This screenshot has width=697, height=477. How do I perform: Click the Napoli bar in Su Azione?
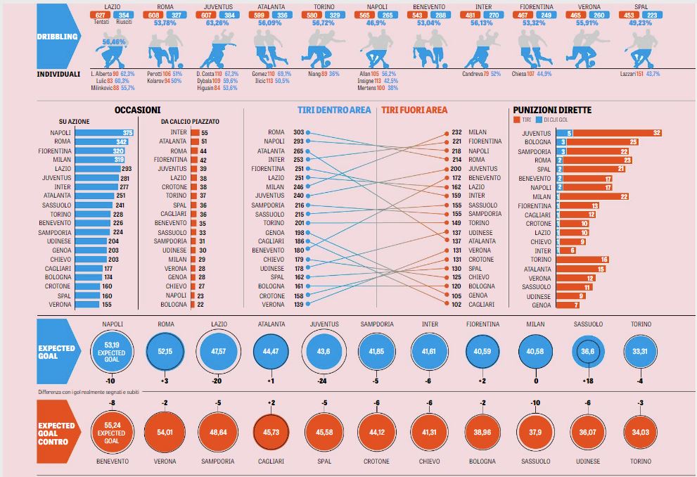click(104, 132)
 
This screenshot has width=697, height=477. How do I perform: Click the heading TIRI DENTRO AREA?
click(333, 110)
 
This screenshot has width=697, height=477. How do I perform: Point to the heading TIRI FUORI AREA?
click(414, 110)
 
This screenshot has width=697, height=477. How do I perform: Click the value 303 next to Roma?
click(298, 132)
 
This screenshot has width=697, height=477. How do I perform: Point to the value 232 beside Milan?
click(456, 132)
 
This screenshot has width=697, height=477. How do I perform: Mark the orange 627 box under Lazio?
click(102, 15)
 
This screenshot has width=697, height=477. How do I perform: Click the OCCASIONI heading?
click(137, 110)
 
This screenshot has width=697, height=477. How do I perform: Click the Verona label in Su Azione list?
click(60, 305)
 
